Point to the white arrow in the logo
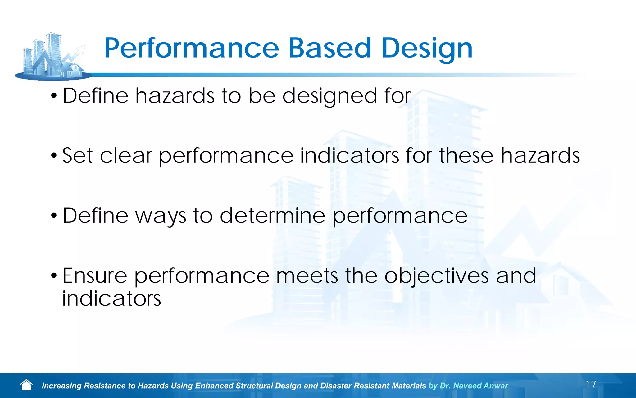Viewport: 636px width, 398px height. pyautogui.click(x=76, y=53)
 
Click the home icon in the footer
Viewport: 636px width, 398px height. pyautogui.click(x=26, y=385)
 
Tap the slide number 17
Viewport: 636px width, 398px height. pyautogui.click(x=590, y=385)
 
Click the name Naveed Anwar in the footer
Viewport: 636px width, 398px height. pyautogui.click(x=480, y=386)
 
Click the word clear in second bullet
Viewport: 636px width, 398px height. pyautogui.click(x=126, y=155)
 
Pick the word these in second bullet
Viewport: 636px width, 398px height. pyautogui.click(x=466, y=155)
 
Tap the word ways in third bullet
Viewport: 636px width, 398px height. pyautogui.click(x=161, y=216)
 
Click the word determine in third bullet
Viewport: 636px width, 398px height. pyautogui.click(x=272, y=215)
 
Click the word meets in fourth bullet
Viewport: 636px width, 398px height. pyautogui.click(x=307, y=276)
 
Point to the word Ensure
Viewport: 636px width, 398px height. pyautogui.click(x=95, y=276)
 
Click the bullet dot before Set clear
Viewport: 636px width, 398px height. pyautogui.click(x=54, y=155)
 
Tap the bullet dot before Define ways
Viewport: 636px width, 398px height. pyautogui.click(x=54, y=215)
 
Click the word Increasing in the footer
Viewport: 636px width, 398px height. pyautogui.click(x=61, y=386)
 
